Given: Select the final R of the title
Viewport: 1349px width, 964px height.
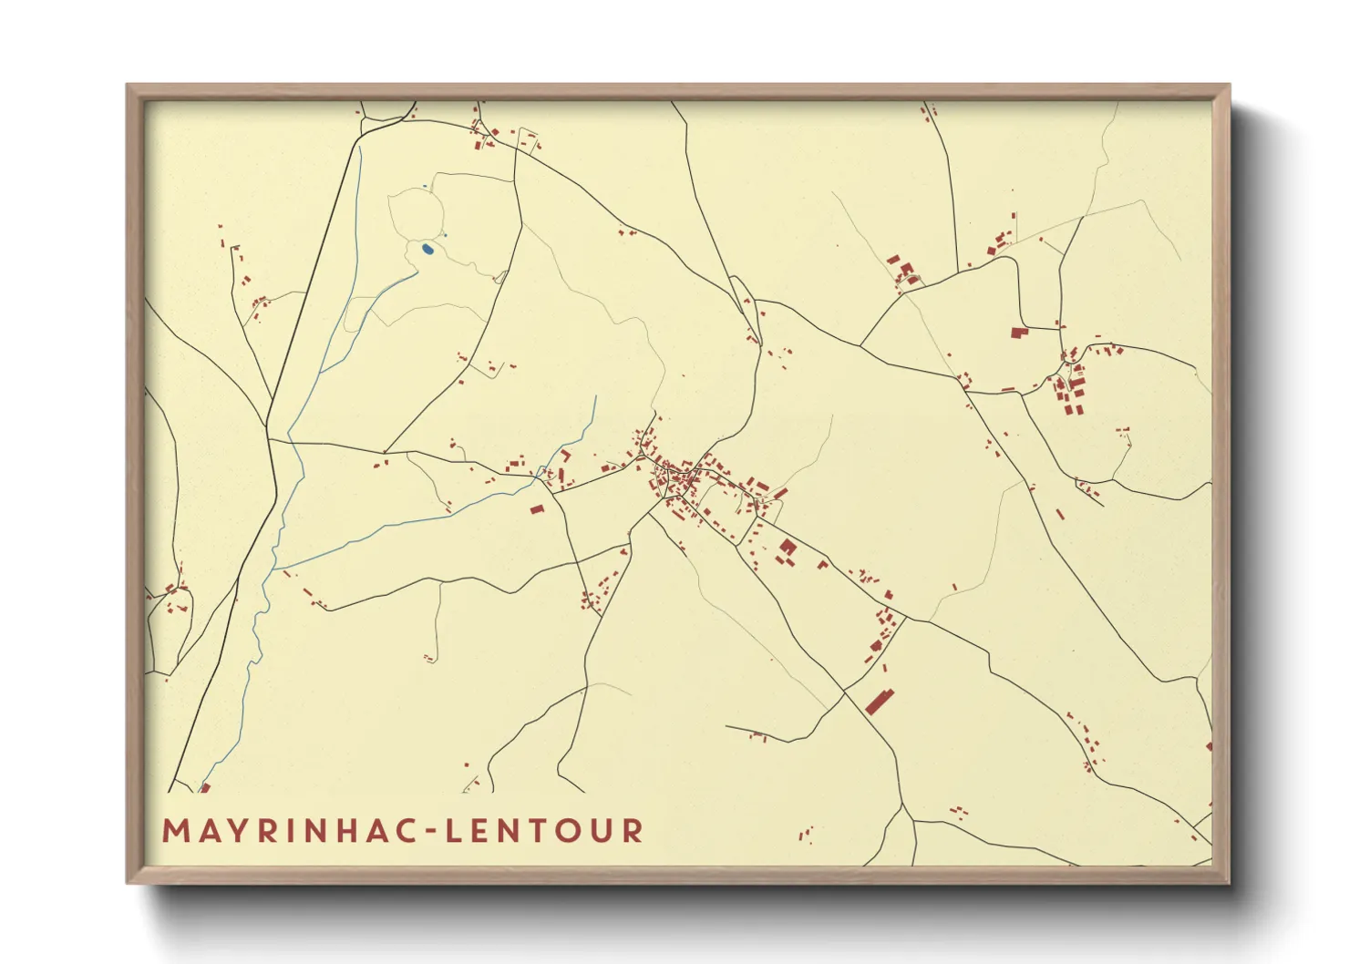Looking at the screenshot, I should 634,831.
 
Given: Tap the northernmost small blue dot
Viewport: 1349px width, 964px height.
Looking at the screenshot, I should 424,188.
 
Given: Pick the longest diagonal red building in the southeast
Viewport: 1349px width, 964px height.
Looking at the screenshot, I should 879,702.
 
